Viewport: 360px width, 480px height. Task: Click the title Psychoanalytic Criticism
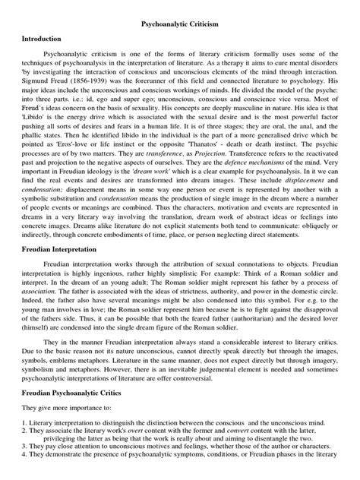click(180, 25)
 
